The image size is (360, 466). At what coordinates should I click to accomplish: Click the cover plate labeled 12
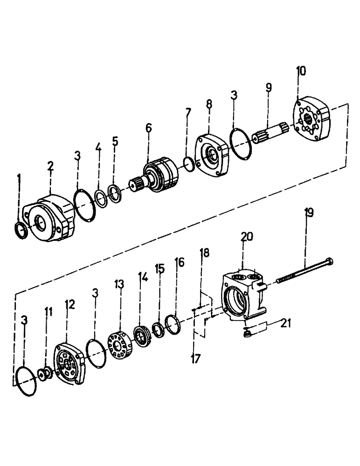click(69, 363)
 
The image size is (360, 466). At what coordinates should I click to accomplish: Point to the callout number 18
click(205, 254)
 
